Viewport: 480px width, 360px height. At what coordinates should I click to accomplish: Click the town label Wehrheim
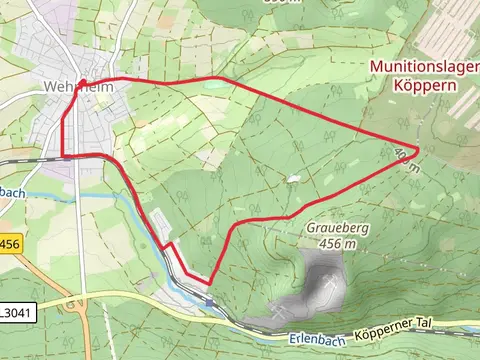click(75, 86)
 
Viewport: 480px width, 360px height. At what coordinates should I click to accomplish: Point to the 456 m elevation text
click(333, 243)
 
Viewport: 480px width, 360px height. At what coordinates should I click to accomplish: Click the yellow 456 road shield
click(10, 244)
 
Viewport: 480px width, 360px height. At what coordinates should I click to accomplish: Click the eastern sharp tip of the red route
click(416, 150)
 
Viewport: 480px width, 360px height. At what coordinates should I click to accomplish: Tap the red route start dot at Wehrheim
click(82, 82)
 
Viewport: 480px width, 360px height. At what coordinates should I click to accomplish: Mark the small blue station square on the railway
click(209, 301)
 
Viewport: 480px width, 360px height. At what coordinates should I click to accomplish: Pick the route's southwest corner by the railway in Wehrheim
click(63, 156)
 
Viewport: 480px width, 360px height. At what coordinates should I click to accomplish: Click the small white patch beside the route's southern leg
click(292, 180)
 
